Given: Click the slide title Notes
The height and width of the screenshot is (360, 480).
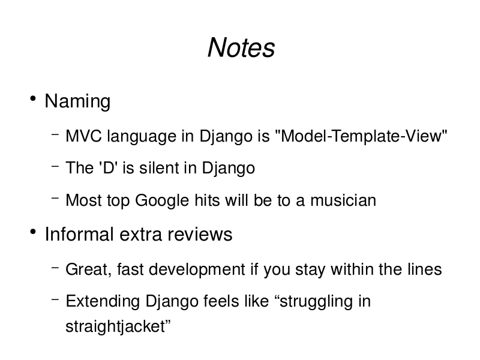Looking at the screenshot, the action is pos(241,47).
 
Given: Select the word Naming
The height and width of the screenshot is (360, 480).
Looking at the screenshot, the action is pos(77,101).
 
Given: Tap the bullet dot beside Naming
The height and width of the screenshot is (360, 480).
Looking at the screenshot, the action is pos(33,98).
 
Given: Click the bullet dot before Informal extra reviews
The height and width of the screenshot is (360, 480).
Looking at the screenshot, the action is pos(33,232).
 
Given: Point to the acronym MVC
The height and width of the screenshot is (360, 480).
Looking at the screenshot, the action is pos(83,136).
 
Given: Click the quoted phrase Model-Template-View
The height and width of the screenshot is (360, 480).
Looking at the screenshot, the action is pos(361,136).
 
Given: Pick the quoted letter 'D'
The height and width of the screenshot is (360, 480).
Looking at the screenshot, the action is pos(109,168).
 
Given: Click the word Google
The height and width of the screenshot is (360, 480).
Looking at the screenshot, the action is pos(162,200).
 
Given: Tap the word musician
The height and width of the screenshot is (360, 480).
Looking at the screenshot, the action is pos(343,200).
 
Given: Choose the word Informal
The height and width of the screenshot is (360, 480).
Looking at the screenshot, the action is pos(79,234).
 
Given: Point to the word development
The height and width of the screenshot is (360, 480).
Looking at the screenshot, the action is pos(197,270).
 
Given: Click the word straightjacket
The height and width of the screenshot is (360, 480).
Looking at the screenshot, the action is pos(115,326).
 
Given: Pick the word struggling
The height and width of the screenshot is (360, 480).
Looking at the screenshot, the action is pos(316,302).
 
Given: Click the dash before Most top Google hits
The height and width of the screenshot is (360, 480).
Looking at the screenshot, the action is pos(55,198).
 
